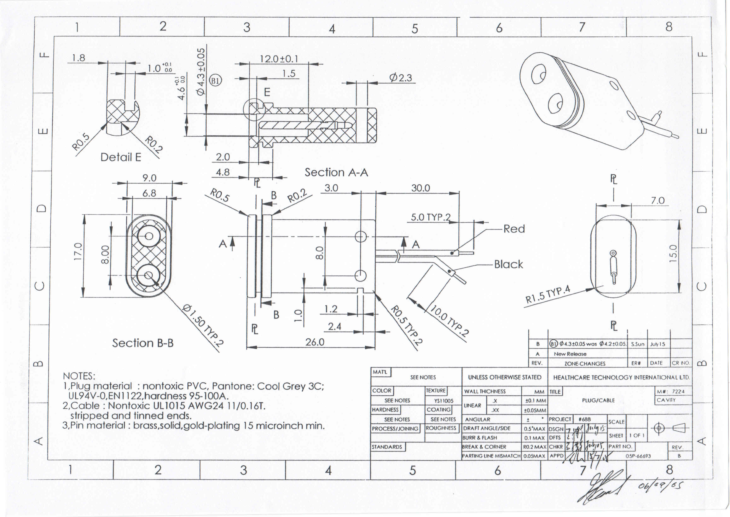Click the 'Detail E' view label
(121, 157)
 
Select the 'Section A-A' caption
(336, 173)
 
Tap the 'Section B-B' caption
(143, 343)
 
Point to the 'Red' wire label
(514, 229)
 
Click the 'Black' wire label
(508, 264)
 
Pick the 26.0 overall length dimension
(315, 342)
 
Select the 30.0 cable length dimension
(421, 188)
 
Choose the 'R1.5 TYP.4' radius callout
(547, 295)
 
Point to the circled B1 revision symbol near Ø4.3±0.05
(215, 81)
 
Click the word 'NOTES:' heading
(79, 376)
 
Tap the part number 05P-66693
(638, 456)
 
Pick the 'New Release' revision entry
(570, 354)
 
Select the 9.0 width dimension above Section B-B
(149, 178)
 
